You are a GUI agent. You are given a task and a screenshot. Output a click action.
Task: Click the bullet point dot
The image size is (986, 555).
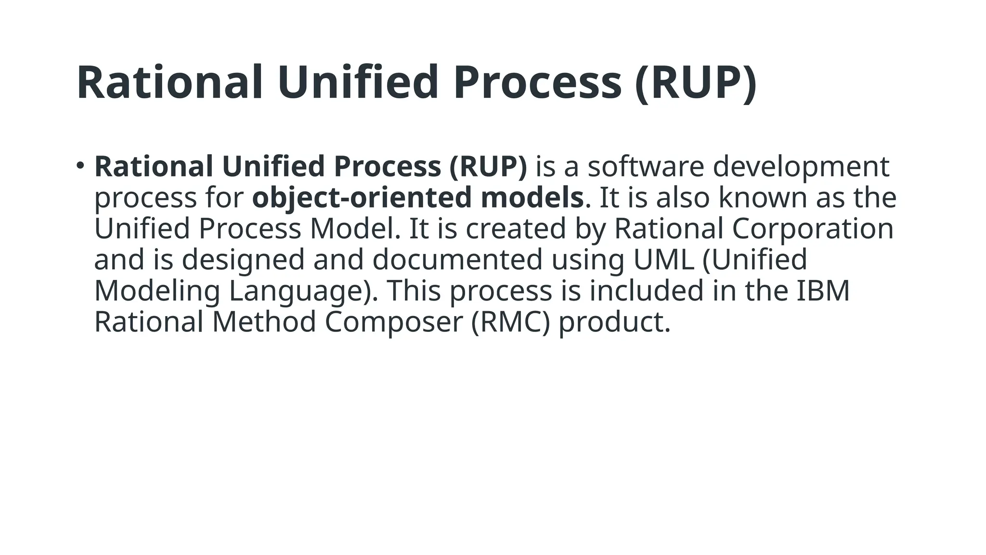click(x=80, y=166)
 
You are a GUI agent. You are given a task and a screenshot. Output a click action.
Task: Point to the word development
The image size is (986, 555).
click(x=801, y=166)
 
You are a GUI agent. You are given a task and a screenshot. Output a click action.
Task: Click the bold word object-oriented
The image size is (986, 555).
click(x=362, y=198)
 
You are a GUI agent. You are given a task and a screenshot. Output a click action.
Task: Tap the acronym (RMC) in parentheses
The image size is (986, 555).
click(x=510, y=322)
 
